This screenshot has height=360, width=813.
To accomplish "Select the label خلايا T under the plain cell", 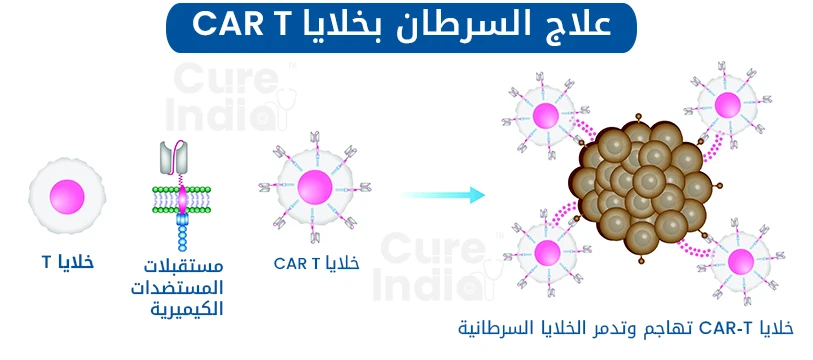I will [67, 261].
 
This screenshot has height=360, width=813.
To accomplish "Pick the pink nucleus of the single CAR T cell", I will [314, 188].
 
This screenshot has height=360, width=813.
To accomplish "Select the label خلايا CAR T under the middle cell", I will [315, 262].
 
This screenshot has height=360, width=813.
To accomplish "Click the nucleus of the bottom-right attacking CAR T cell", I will [741, 263].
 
